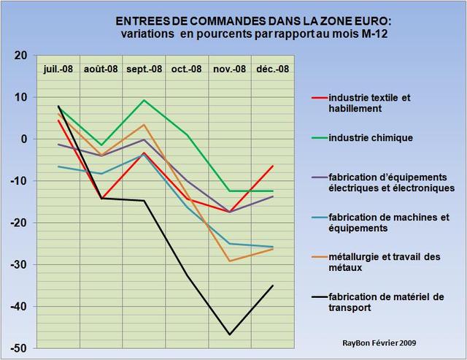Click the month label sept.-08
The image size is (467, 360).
[144, 69]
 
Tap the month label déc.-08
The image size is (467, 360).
[273, 69]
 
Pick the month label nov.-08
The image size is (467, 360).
[230, 69]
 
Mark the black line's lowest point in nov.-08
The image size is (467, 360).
[230, 334]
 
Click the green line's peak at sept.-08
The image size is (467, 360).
[144, 100]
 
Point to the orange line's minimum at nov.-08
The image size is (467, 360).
[230, 261]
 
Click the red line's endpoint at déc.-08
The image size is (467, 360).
[273, 166]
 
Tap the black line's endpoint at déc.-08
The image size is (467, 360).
[273, 286]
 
